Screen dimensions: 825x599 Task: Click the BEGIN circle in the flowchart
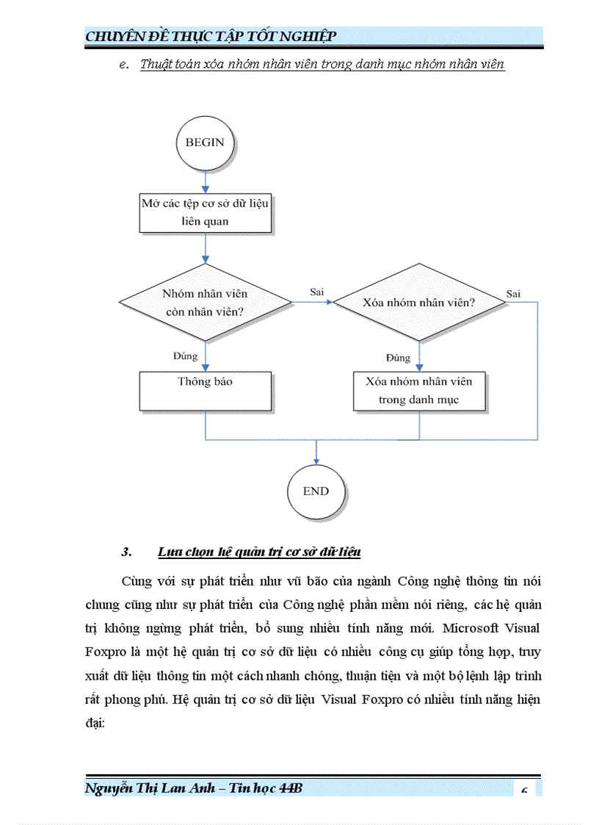205,143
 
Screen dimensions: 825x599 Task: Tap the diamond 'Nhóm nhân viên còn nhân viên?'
205,302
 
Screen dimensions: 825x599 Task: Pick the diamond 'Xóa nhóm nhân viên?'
419,302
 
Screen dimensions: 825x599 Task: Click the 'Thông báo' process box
205,390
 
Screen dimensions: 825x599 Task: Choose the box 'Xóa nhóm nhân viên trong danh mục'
418,390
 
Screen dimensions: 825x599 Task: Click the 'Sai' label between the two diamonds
317,292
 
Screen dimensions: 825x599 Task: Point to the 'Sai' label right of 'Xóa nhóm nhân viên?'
513,294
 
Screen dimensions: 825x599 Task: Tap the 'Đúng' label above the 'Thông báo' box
186,356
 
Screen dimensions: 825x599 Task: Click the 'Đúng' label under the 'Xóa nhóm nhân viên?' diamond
398,358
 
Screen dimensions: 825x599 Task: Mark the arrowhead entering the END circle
316,460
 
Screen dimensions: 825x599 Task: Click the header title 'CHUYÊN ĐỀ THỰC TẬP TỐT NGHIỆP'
211,37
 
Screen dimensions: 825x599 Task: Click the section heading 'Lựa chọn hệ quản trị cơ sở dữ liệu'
258,552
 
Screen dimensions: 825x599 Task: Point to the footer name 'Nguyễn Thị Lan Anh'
150,788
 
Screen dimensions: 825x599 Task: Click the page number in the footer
524,790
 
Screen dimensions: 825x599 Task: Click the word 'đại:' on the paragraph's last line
95,723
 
